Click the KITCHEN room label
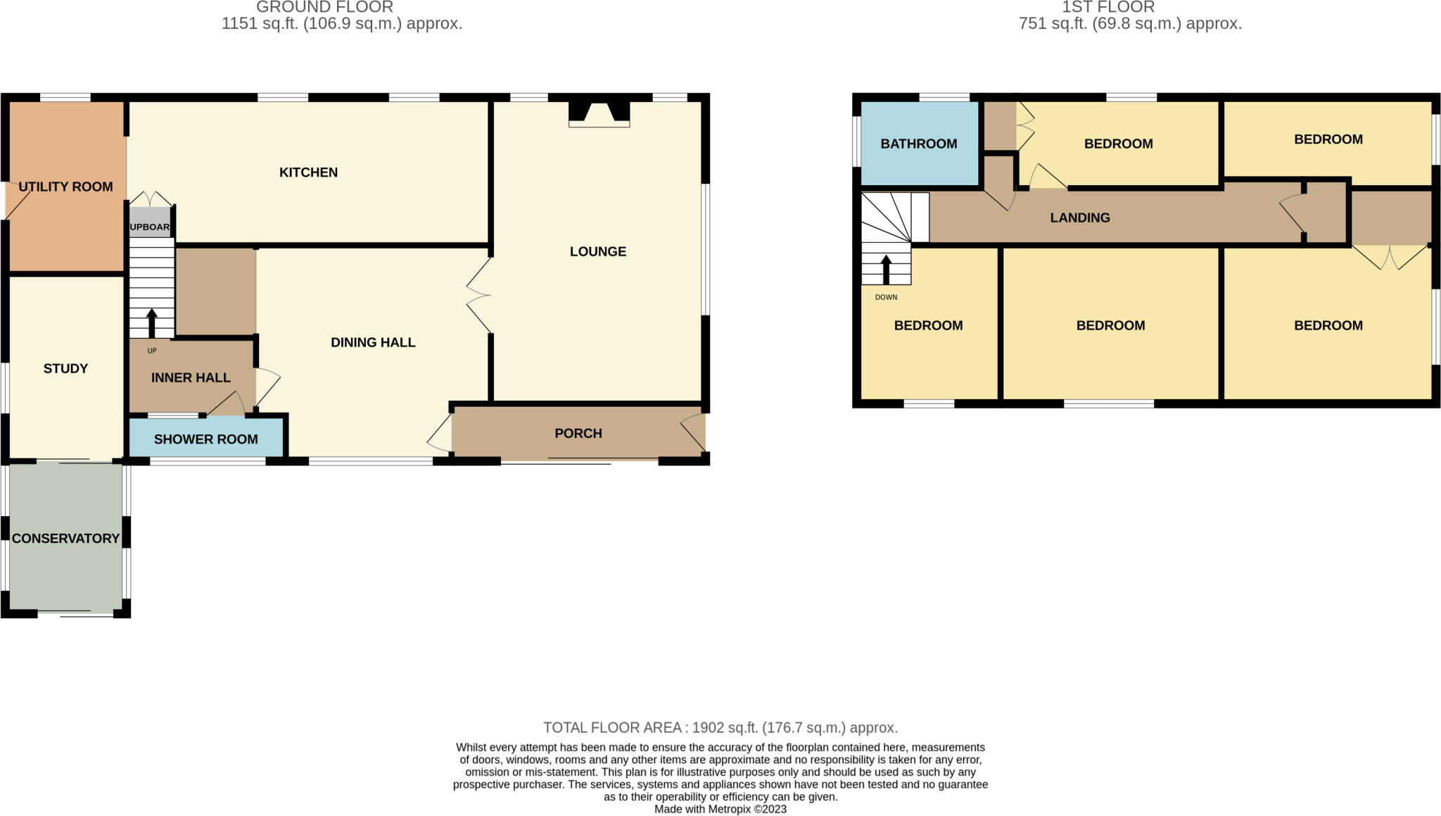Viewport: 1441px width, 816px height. point(308,172)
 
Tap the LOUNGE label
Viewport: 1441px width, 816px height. point(597,251)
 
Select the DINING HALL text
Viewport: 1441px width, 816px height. point(373,342)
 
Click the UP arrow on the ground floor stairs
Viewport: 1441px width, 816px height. point(151,323)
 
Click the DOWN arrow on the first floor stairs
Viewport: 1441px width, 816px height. point(886,270)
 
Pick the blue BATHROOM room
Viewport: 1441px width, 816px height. point(919,144)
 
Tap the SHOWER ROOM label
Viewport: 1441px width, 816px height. point(205,439)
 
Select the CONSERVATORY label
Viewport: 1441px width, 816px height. point(65,539)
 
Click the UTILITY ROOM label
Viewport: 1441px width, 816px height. point(65,187)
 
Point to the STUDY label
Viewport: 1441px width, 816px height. point(65,368)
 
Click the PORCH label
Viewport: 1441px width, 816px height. point(578,434)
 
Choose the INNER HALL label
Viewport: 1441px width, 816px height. point(191,377)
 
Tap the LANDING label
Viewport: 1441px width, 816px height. point(1079,218)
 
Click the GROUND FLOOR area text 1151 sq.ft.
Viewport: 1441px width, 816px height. point(341,23)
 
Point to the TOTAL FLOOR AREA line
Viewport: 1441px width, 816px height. point(720,727)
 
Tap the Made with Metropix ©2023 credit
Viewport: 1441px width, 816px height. point(720,809)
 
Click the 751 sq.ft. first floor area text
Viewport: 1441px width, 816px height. point(1129,23)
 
